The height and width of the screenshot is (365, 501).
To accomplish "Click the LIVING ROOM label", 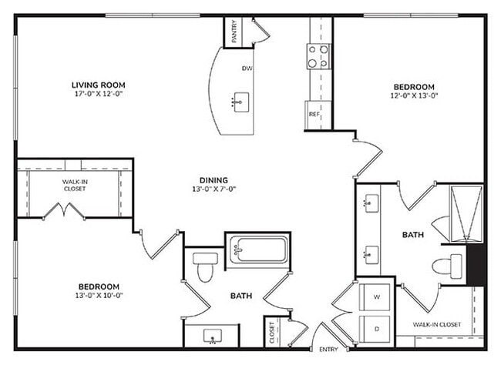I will (98, 85).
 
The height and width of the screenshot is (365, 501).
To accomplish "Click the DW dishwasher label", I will (247, 69).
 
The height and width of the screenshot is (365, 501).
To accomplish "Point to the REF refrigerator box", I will (314, 114).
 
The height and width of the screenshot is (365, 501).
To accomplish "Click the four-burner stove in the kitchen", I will (318, 55).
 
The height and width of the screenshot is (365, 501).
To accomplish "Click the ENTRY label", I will (328, 350).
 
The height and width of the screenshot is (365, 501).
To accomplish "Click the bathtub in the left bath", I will (257, 249).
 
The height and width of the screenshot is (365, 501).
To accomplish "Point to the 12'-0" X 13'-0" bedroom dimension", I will (415, 96).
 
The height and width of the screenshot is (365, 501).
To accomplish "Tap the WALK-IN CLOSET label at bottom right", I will (437, 324).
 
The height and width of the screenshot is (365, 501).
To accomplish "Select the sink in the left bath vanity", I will (213, 335).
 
